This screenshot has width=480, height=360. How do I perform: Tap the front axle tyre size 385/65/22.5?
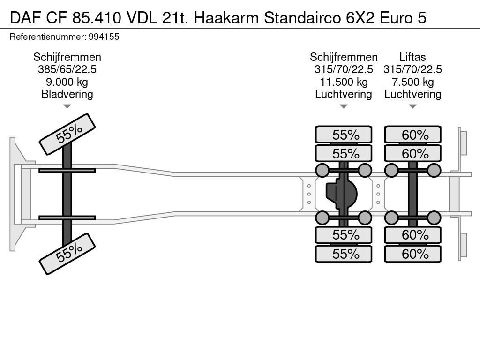[x=67, y=70]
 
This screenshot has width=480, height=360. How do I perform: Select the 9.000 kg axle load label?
[x=67, y=82]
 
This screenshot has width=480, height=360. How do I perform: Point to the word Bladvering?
[x=67, y=94]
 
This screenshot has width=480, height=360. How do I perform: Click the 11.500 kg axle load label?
[x=344, y=82]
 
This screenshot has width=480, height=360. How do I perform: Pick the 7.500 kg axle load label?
[x=412, y=82]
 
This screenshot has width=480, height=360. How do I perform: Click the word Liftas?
[x=412, y=57]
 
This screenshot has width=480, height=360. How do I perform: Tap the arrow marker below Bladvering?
[x=67, y=107]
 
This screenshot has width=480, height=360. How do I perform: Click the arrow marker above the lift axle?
[x=412, y=107]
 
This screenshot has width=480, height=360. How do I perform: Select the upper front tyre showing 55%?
[x=67, y=134]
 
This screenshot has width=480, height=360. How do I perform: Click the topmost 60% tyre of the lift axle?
[x=412, y=135]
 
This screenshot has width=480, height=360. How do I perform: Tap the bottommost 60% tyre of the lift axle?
[x=412, y=254]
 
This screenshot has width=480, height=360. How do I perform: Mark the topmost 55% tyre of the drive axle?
[x=344, y=135]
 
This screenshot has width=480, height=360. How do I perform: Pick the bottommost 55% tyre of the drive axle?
[x=344, y=254]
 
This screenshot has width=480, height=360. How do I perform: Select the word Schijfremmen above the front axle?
[x=67, y=57]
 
